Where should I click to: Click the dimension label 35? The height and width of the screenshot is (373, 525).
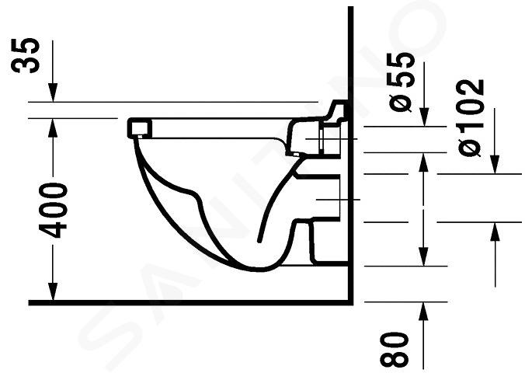25,55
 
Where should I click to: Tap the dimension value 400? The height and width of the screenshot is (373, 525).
53,210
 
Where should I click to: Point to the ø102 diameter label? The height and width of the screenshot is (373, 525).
471,117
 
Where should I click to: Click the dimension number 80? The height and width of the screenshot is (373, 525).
395,350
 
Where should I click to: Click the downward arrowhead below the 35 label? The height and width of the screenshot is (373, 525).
53,92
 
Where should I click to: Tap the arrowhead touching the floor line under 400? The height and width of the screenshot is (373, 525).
53,291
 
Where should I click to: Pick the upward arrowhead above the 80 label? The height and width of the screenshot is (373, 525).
423,312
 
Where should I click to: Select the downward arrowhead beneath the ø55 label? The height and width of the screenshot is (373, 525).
424,117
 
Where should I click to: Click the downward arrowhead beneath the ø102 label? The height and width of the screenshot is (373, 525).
495,165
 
